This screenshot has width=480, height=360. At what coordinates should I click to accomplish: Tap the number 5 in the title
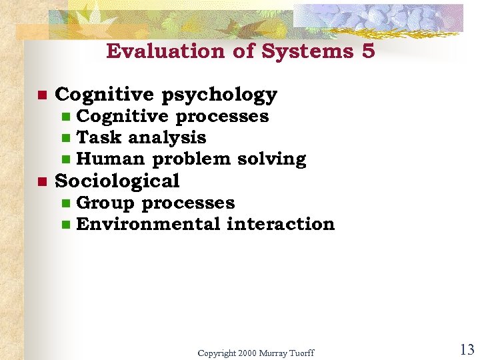[x=369, y=51]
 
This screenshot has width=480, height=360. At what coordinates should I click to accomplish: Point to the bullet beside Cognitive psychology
[x=41, y=95]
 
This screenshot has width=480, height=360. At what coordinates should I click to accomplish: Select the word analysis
[x=167, y=138]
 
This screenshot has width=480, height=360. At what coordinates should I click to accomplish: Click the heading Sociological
[x=117, y=181]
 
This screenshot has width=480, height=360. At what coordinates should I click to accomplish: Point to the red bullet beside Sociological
[x=41, y=181]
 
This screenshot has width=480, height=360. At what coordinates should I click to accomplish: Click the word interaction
[x=281, y=224]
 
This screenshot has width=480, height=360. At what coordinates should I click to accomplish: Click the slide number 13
[x=466, y=349]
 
